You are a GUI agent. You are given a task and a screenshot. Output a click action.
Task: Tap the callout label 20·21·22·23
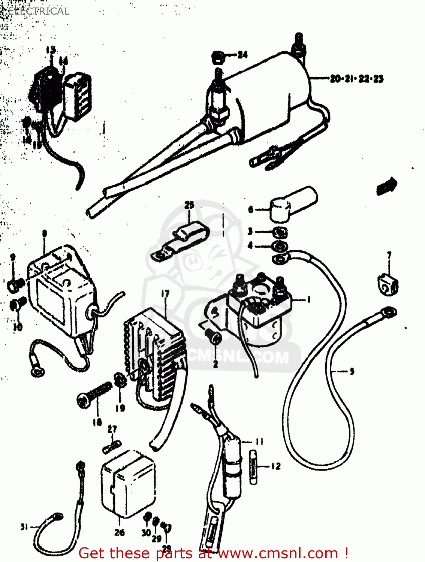pyautogui.click(x=356, y=79)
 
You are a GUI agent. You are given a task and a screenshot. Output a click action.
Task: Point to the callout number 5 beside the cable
pyautogui.click(x=352, y=371)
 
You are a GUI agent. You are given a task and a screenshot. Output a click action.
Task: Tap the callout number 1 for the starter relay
pyautogui.click(x=308, y=299)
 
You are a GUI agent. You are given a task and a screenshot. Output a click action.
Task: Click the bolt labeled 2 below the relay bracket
pyautogui.click(x=215, y=338)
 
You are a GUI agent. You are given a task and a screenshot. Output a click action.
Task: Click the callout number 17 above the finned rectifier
pyautogui.click(x=165, y=294)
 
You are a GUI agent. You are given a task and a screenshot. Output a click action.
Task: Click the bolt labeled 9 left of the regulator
pyautogui.click(x=16, y=285)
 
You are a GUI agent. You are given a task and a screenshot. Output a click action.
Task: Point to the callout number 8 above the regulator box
pyautogui.click(x=45, y=234)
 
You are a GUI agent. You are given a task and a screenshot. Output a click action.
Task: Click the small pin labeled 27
pyautogui.click(x=112, y=447)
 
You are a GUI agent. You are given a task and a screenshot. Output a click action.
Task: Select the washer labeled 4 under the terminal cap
pyautogui.click(x=279, y=247)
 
